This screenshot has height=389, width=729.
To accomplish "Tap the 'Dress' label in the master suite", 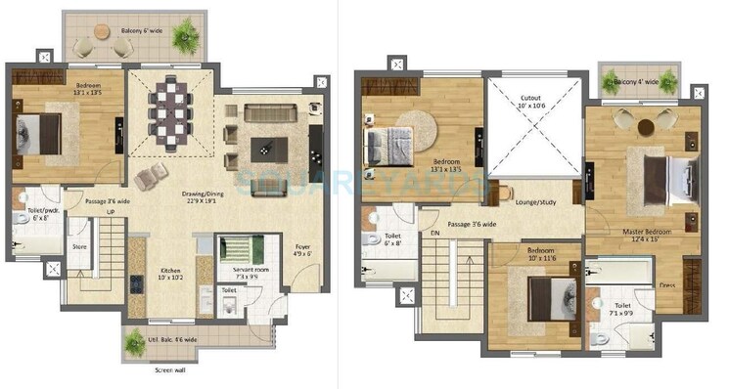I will pyautogui.click(x=666, y=286).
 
